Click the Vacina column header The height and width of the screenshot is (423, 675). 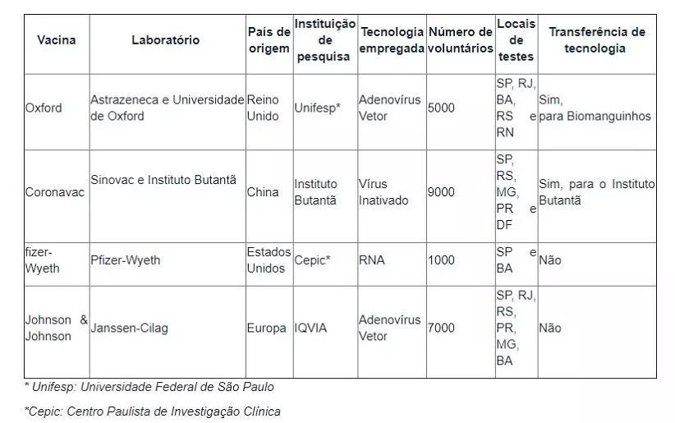pos(57,40)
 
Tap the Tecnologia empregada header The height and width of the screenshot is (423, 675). pos(391,40)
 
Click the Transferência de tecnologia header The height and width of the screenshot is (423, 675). pos(596,40)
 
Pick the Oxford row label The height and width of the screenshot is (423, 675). pos(44,108)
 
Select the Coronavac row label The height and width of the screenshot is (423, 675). pos(54,192)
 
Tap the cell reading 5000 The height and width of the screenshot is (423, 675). pos(441,108)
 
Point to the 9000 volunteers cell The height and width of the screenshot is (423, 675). pos(441,192)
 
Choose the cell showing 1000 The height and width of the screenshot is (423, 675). pos(441,260)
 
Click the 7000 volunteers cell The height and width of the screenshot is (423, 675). pos(441,328)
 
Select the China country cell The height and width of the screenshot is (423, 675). pos(263,192)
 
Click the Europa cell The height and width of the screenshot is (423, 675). pos(267,328)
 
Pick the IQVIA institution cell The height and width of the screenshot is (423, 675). pos(310,328)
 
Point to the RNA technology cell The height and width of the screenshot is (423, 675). pos(372,260)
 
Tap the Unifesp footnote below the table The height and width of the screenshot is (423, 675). pos(149,387)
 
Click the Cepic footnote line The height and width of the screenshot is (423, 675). pos(152,411)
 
